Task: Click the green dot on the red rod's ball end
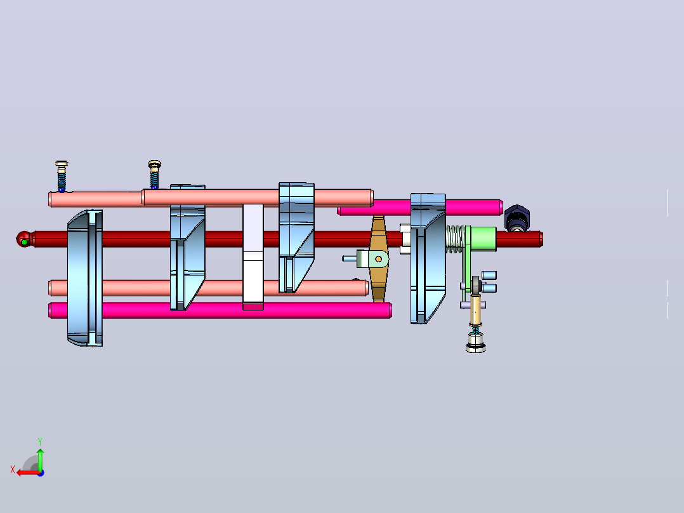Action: point(25,242)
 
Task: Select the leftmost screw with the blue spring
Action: point(62,177)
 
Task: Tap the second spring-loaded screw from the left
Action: point(154,175)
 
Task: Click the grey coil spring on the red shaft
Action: point(456,239)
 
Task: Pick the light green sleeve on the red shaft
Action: point(483,239)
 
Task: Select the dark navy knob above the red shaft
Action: point(517,218)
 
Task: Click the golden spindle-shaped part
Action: point(379,258)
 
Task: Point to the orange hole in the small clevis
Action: point(379,259)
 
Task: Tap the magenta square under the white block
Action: point(253,307)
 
